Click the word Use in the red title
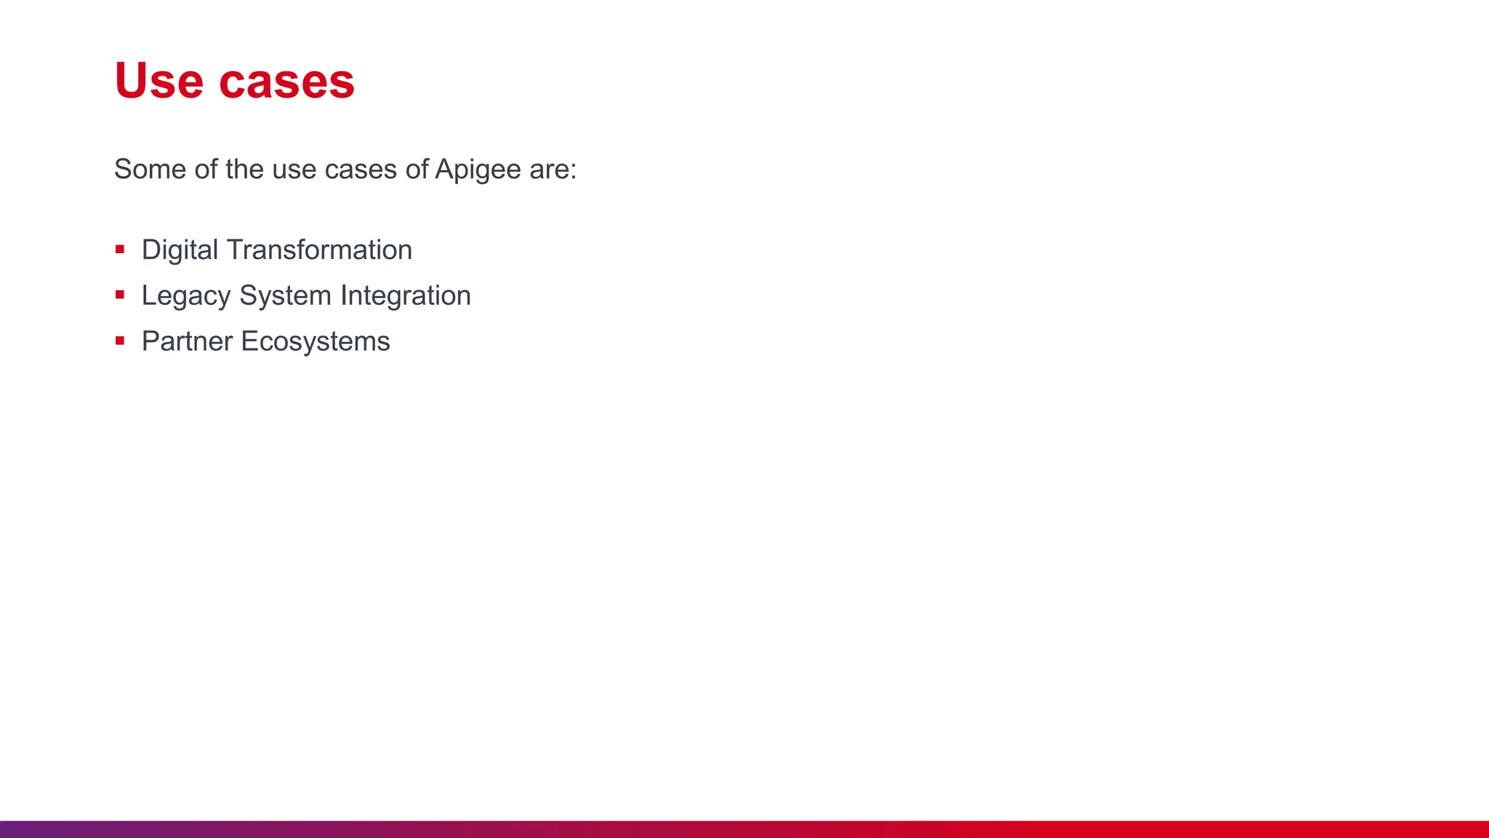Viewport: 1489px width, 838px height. pos(158,81)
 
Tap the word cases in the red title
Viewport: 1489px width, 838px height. pos(286,82)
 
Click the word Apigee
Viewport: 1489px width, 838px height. pos(478,170)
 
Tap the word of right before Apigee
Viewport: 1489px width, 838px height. pos(417,169)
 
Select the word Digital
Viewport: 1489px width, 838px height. pos(180,250)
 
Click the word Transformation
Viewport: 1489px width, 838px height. pos(319,250)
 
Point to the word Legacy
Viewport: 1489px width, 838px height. pos(186,296)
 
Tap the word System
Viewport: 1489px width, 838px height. pos(285,296)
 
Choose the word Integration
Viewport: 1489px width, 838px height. pos(406,296)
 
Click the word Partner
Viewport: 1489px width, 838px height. pos(187,341)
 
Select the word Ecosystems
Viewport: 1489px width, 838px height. pos(316,342)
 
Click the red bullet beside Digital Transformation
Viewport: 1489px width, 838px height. pos(120,250)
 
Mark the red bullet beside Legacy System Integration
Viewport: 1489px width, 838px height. pos(120,295)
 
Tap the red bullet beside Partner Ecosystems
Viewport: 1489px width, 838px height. pos(120,340)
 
